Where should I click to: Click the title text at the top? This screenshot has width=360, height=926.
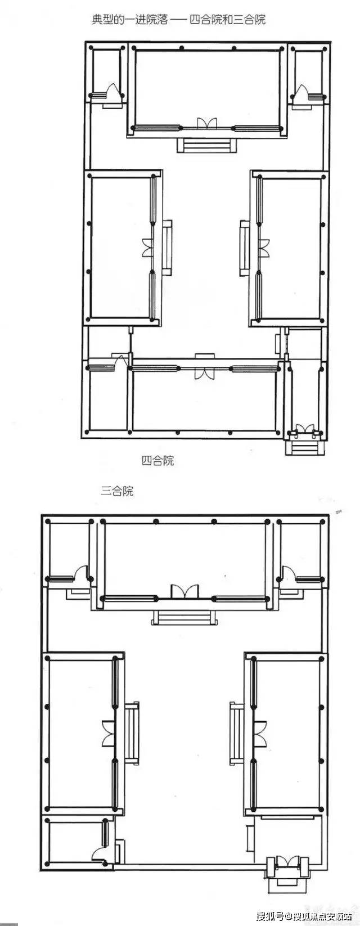point(178,20)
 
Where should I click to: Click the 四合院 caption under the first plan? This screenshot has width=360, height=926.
point(157,460)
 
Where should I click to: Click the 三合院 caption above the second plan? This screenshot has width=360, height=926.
point(117,491)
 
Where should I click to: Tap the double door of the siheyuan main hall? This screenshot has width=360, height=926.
point(206,123)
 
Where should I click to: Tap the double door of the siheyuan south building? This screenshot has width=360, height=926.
point(204,373)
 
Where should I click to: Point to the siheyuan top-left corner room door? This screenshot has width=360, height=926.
point(113,91)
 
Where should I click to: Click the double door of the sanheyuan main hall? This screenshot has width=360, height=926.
point(184,591)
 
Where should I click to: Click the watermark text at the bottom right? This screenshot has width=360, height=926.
point(307,914)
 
